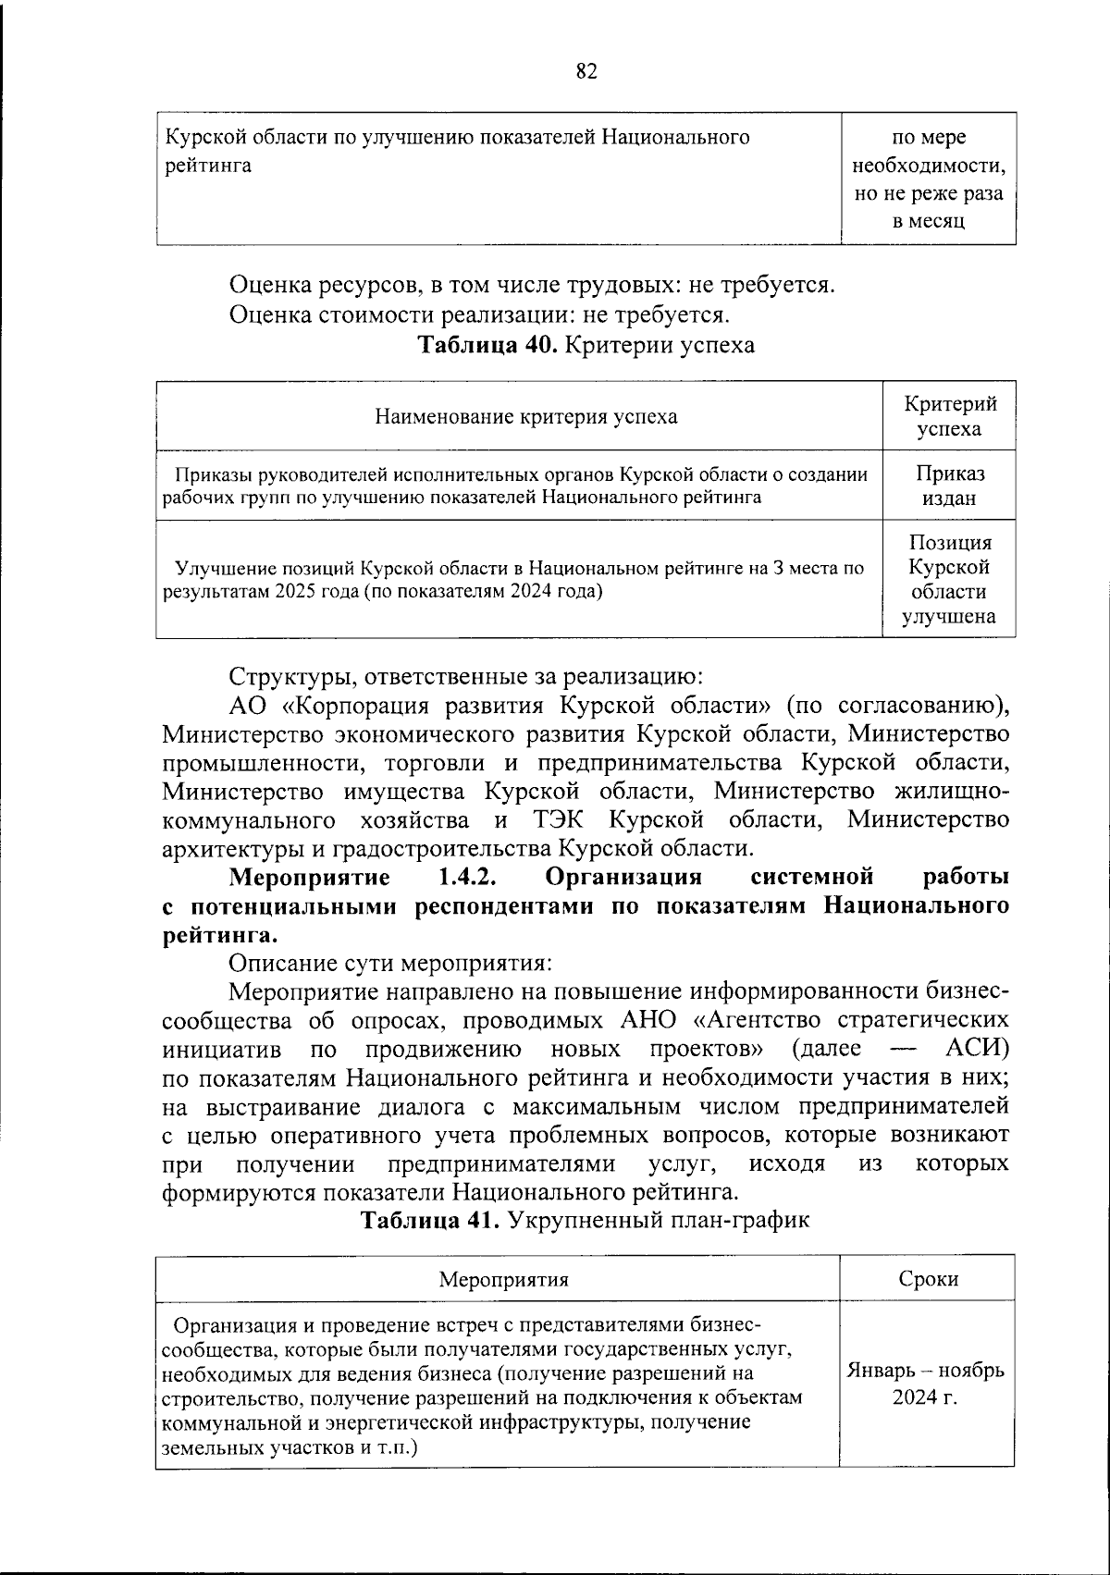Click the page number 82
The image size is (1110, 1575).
pos(586,71)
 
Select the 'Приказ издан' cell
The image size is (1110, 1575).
pos(950,486)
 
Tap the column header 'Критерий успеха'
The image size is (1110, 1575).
pos(950,416)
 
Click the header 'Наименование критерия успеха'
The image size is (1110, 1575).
pos(525,416)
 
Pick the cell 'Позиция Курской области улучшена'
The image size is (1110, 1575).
pos(950,580)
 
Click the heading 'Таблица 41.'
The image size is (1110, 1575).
pos(430,1220)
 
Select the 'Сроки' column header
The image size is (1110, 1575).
pos(928,1279)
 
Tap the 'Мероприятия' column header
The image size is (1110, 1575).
pos(502,1279)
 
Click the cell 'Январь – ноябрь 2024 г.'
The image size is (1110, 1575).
pos(926,1383)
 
